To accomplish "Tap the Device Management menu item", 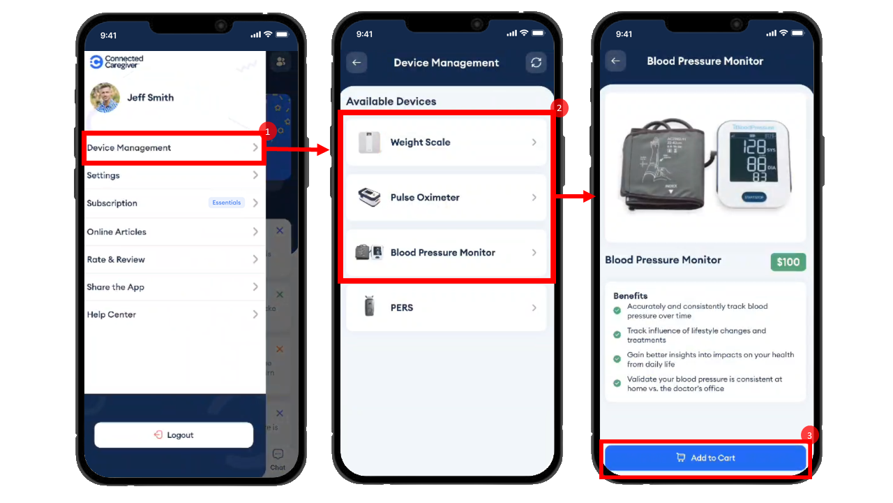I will click(x=172, y=148).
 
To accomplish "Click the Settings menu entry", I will click(x=172, y=175).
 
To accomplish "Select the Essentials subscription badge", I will click(x=227, y=203).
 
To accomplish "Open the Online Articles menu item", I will click(x=172, y=232).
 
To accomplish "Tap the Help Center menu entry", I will click(x=172, y=315).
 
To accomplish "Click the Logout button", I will click(x=174, y=435).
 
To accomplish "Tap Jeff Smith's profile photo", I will click(x=105, y=98).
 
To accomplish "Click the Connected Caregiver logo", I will click(x=117, y=62).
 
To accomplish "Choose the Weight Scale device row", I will click(x=446, y=143).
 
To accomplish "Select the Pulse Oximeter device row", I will click(x=446, y=198).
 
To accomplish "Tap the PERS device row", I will click(x=446, y=308).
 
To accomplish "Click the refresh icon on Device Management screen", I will click(x=536, y=63).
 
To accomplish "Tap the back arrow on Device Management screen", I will click(x=357, y=63).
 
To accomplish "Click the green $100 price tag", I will click(x=788, y=262).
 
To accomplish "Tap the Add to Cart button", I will click(x=705, y=458).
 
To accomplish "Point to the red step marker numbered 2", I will click(x=559, y=108).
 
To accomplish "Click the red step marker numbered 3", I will click(x=809, y=435).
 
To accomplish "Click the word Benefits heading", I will click(x=631, y=296).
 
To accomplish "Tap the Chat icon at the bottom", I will click(x=278, y=458).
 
